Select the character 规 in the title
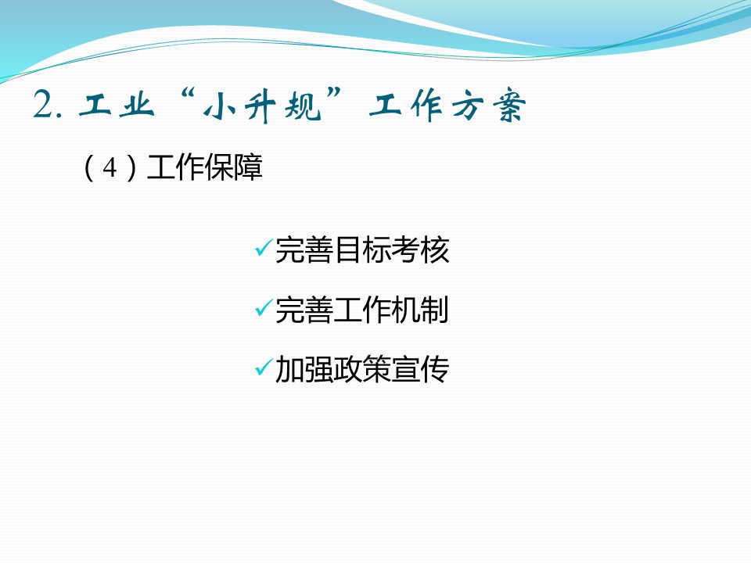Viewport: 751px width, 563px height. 304,105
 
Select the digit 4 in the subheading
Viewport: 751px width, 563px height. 110,167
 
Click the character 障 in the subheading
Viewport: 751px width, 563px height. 248,167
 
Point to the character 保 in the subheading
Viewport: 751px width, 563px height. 219,167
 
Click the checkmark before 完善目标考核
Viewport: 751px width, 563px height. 264,247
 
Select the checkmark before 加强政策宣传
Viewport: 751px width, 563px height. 264,368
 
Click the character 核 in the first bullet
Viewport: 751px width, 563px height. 435,250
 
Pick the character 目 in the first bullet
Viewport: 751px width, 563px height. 348,250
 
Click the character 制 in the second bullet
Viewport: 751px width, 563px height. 435,310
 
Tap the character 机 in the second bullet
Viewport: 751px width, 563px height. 406,310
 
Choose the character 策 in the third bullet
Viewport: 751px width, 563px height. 376,370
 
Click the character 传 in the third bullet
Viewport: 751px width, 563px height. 435,370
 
